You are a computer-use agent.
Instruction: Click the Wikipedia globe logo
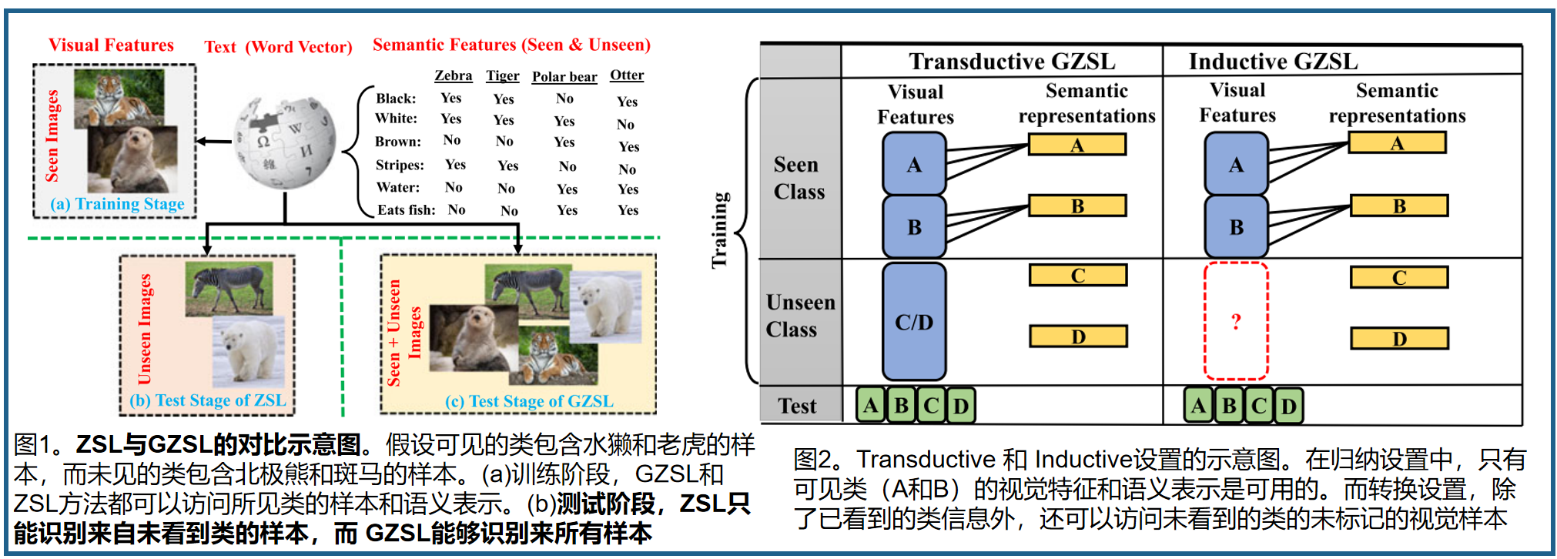click(x=286, y=142)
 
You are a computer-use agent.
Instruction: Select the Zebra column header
click(x=453, y=75)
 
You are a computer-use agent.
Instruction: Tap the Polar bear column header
click(x=564, y=76)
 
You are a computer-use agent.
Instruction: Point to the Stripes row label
click(x=400, y=165)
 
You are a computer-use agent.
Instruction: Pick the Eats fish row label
click(x=406, y=209)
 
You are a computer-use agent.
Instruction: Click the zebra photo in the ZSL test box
click(x=229, y=286)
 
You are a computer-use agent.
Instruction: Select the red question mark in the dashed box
click(x=1236, y=321)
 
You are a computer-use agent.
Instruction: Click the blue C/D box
click(x=914, y=322)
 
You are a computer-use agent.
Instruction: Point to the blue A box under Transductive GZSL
click(x=914, y=164)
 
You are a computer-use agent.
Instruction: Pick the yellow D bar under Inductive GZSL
click(x=1399, y=338)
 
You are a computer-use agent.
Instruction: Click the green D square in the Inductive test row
click(x=1289, y=406)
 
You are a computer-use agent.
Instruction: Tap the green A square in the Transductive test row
click(x=871, y=406)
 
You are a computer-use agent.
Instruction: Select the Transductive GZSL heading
click(x=1011, y=61)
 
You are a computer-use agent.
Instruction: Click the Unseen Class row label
click(x=800, y=316)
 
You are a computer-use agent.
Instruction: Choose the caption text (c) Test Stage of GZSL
click(x=529, y=401)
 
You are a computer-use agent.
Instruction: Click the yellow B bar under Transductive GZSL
click(x=1077, y=206)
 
